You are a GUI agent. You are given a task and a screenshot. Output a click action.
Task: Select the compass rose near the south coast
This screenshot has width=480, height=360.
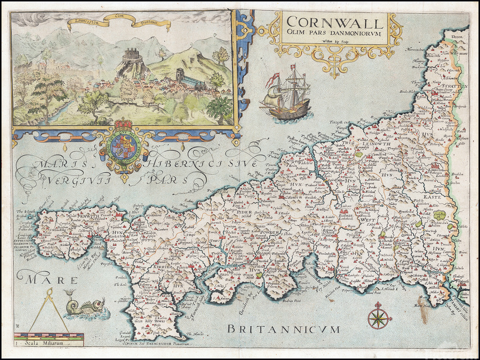coord(379,316)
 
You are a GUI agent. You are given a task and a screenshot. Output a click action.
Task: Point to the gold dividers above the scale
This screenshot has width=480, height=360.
coord(49,309)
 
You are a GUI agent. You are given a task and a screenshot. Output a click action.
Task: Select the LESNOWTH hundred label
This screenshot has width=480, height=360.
coord(378,144)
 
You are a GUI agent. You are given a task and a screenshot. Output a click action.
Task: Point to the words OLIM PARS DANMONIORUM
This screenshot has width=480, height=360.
coord(334,37)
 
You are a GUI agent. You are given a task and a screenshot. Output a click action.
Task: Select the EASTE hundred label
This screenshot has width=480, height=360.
coord(438,197)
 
